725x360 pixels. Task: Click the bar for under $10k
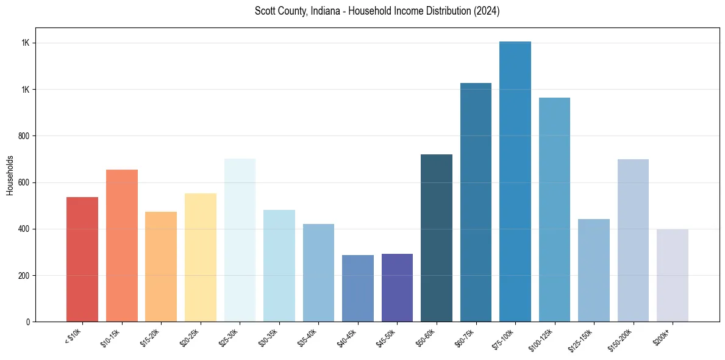pyautogui.click(x=82, y=259)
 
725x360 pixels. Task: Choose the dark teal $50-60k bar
pyautogui.click(x=437, y=238)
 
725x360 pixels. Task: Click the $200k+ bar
pyautogui.click(x=673, y=275)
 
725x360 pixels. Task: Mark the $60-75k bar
pyautogui.click(x=476, y=202)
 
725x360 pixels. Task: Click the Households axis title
pyautogui.click(x=10, y=175)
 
